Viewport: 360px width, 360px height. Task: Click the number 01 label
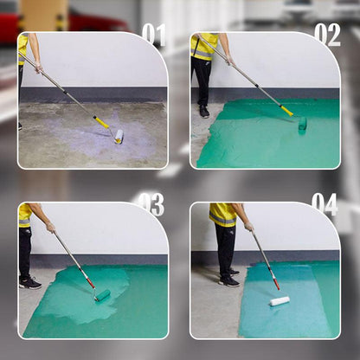[154, 35]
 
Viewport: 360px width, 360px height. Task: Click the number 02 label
[327, 35]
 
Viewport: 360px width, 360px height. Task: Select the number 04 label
[325, 204]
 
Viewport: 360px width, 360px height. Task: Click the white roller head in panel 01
[119, 137]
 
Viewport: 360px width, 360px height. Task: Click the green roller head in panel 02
[302, 124]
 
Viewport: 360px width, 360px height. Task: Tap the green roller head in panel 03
[103, 295]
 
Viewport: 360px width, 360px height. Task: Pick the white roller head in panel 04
[280, 301]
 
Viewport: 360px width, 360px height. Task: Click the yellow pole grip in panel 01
[101, 122]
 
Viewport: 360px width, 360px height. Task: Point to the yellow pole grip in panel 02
[286, 111]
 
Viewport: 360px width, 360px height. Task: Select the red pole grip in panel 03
[90, 282]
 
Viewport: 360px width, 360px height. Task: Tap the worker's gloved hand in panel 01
[38, 68]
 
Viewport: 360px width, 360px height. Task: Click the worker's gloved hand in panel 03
[51, 228]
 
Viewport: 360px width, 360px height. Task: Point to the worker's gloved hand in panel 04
[249, 227]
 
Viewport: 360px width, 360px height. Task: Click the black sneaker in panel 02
[204, 112]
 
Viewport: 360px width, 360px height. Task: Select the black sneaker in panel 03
[30, 283]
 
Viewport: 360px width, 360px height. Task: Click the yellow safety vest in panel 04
[223, 215]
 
